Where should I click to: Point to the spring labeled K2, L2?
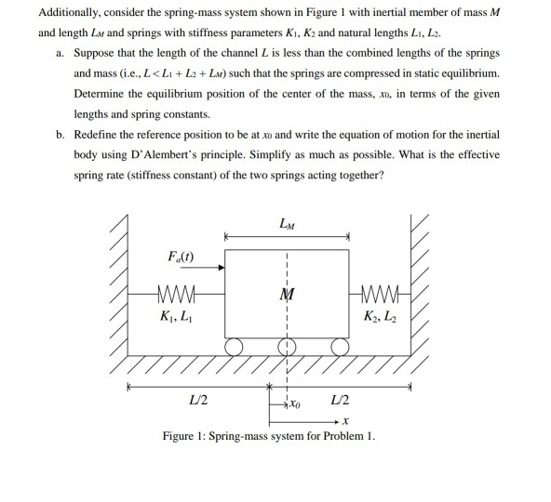pyautogui.click(x=381, y=298)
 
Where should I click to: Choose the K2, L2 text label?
pyautogui.click(x=381, y=320)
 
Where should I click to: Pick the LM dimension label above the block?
pyautogui.click(x=286, y=224)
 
